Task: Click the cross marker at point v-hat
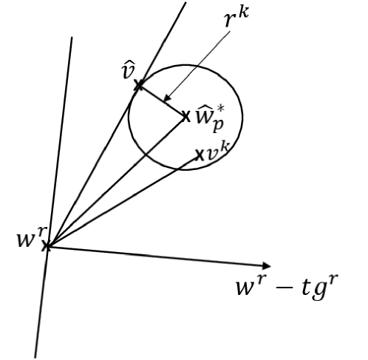pyautogui.click(x=137, y=86)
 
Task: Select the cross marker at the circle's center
pyautogui.click(x=184, y=115)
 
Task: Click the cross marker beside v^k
pyautogui.click(x=199, y=155)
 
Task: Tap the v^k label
pyautogui.click(x=216, y=154)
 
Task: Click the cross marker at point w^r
pyautogui.click(x=47, y=245)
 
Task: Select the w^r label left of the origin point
pyautogui.click(x=24, y=240)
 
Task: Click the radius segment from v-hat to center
pyautogui.click(x=160, y=101)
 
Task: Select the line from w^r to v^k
pyautogui.click(x=122, y=200)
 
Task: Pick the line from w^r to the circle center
pyautogui.click(x=115, y=181)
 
